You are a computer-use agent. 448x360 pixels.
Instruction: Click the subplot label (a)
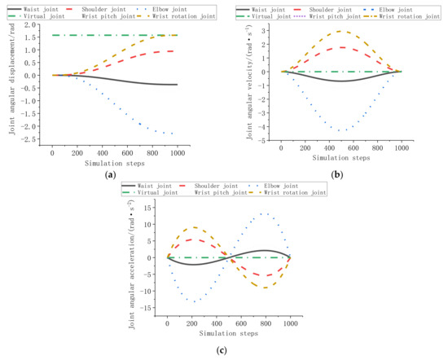pos(110,174)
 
